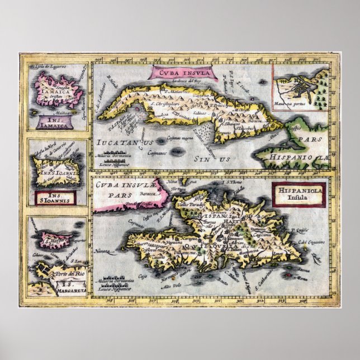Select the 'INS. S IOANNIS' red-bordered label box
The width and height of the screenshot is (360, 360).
(x=54, y=197)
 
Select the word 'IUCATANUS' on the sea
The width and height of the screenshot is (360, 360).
(x=124, y=143)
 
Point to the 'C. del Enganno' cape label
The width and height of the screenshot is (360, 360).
(x=309, y=241)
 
